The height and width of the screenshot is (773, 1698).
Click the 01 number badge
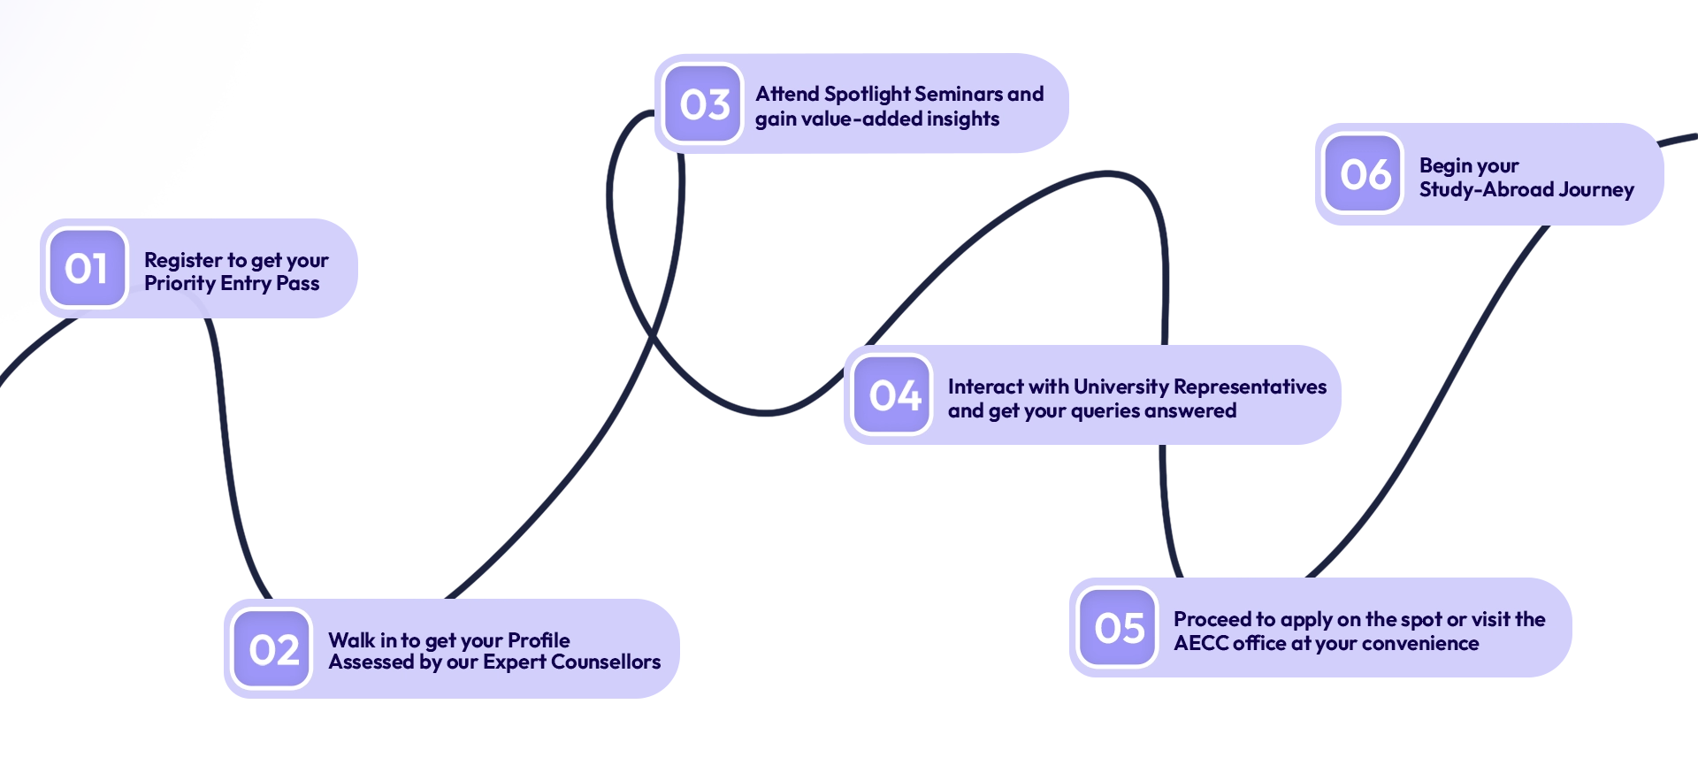(87, 268)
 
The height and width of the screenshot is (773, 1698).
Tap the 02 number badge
(272, 649)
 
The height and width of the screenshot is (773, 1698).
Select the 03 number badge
(703, 104)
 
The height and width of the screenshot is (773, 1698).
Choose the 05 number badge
(1119, 628)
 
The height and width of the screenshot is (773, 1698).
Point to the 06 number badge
(1364, 173)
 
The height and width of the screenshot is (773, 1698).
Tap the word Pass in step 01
(298, 284)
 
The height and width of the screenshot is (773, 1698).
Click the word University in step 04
(1121, 387)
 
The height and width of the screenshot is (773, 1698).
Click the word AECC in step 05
(1202, 644)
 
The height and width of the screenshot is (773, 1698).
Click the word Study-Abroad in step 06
(1486, 190)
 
